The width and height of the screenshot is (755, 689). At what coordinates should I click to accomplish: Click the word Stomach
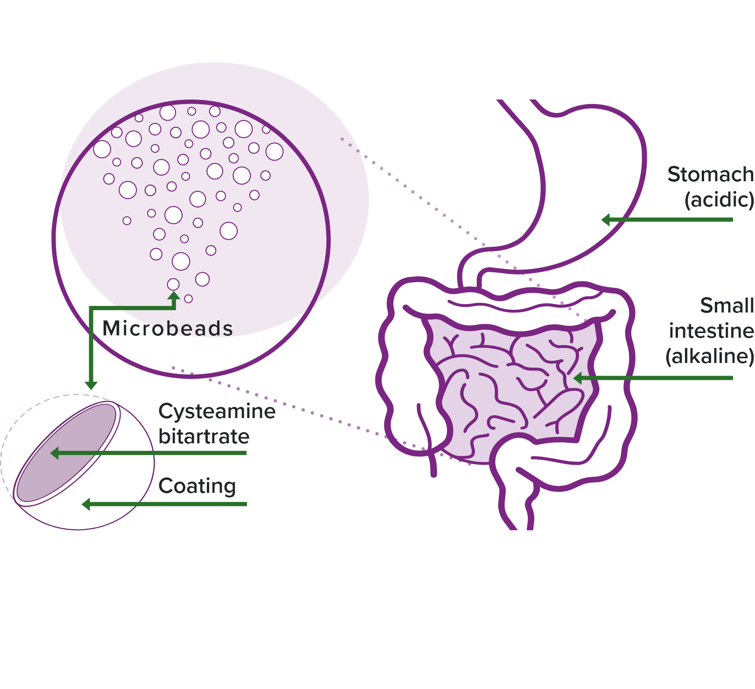coord(710,175)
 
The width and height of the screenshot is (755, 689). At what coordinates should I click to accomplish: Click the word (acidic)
coord(719,200)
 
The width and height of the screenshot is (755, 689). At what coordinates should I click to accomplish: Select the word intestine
coord(711,331)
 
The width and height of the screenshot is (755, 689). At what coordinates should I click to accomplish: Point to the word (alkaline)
coord(709,356)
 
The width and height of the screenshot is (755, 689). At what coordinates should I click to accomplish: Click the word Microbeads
coord(167,328)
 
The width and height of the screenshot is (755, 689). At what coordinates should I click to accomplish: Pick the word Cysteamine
coord(217,411)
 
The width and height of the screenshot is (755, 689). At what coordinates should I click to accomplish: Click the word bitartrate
coord(204,437)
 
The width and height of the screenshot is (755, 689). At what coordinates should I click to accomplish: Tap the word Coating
coord(197,486)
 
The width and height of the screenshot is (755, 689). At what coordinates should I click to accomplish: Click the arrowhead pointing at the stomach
coord(606,220)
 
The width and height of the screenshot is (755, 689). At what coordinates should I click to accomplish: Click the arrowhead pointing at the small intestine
coord(578,378)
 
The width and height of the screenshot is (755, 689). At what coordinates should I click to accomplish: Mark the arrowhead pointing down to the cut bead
coord(91,385)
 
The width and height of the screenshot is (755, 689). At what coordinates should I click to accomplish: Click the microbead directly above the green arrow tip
coord(173,284)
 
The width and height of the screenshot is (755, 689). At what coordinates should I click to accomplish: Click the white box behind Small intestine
coord(663,290)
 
